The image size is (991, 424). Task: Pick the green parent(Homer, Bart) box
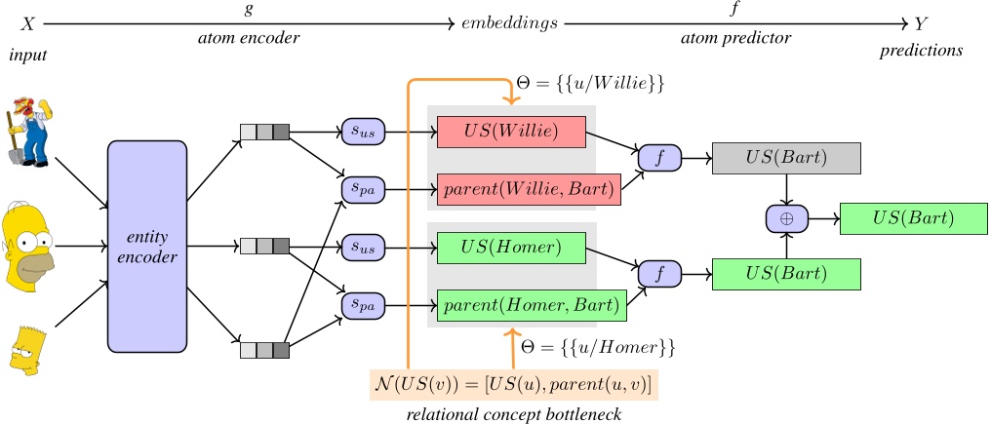click(x=530, y=306)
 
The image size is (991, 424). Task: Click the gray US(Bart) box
click(x=787, y=158)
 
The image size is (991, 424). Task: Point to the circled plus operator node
click(x=786, y=220)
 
